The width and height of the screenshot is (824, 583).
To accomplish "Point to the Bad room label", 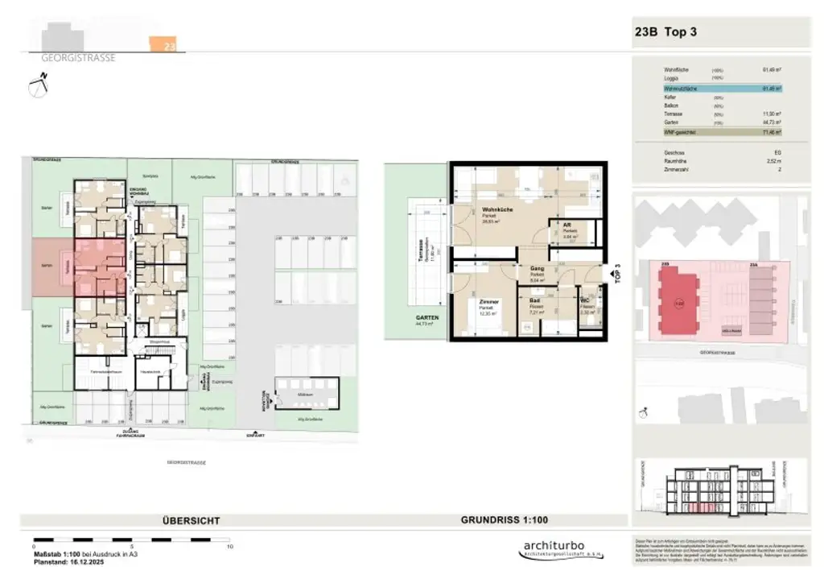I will pyautogui.click(x=534, y=300).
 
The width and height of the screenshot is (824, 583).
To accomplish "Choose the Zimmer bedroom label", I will pyautogui.click(x=489, y=302).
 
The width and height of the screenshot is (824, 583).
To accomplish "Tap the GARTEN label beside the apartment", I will pyautogui.click(x=427, y=318).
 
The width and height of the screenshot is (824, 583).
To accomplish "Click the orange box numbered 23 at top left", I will pyautogui.click(x=168, y=45).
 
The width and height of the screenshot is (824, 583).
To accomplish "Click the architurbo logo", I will pyautogui.click(x=554, y=550).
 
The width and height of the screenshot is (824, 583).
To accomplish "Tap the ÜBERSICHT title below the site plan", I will pyautogui.click(x=191, y=521).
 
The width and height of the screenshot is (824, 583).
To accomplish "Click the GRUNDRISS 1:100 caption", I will pyautogui.click(x=505, y=520).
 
